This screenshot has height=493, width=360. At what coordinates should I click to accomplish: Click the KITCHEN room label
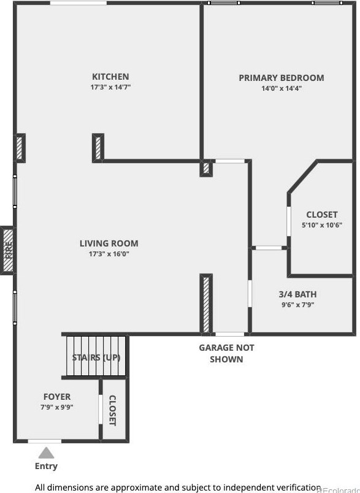coord(110,77)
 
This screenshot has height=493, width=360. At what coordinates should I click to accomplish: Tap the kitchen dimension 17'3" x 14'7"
coord(110,88)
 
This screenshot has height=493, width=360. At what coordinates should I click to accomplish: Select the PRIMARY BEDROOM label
coord(281,78)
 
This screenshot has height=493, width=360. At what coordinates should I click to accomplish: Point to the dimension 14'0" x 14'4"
coord(281,88)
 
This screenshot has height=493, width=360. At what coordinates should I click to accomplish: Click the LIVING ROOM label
coord(109,243)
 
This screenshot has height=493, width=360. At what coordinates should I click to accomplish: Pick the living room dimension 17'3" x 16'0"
coord(109,254)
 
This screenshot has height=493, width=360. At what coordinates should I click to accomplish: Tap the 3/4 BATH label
coord(297,294)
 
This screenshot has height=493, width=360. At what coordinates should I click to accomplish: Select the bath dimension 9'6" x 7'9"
coord(297,305)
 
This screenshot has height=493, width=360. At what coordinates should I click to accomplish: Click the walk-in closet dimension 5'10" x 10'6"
coord(322,225)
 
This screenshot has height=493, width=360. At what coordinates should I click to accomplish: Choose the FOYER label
coord(56,397)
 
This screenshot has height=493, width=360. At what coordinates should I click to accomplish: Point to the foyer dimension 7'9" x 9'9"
coord(56,407)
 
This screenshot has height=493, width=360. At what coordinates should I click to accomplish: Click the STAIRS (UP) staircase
coord(96,357)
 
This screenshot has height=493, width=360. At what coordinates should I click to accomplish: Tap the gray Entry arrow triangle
coord(46,453)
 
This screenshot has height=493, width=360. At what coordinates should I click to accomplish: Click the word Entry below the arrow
coord(46,466)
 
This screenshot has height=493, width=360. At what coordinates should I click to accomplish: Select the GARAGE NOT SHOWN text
coord(226,353)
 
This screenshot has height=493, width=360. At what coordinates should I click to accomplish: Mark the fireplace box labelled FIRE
coord(7,250)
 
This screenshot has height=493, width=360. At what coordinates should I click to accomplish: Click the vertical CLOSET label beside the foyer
coord(113,410)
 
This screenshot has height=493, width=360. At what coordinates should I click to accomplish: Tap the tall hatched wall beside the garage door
coord(206,304)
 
